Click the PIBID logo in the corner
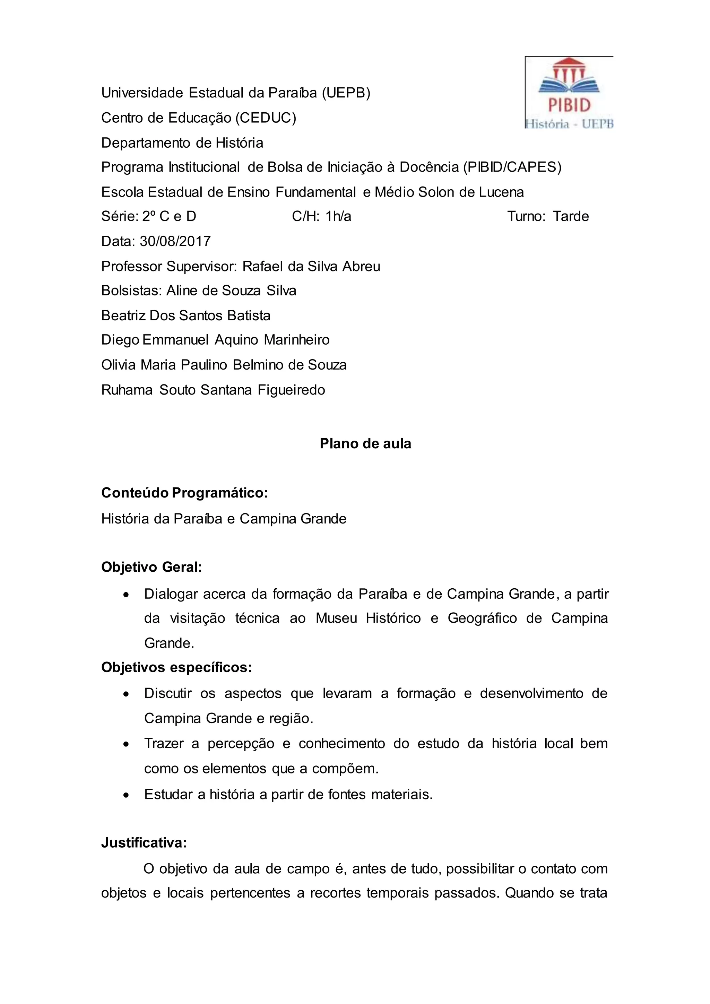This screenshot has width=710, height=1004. (x=569, y=93)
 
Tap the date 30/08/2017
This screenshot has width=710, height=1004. (x=175, y=241)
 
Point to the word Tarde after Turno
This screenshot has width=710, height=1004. (x=571, y=216)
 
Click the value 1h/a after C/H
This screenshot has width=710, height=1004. (x=338, y=216)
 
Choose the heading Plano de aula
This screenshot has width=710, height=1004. (x=365, y=443)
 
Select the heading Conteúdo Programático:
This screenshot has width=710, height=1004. (x=184, y=493)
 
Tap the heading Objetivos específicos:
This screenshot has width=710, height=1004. (x=176, y=667)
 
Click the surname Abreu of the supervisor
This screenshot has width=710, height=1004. (x=361, y=266)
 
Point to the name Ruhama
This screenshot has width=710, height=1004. (x=127, y=390)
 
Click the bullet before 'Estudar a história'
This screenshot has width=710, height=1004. (x=126, y=795)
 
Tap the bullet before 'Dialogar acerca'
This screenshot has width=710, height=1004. (x=126, y=595)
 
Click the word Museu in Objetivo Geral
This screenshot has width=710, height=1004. (x=336, y=618)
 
